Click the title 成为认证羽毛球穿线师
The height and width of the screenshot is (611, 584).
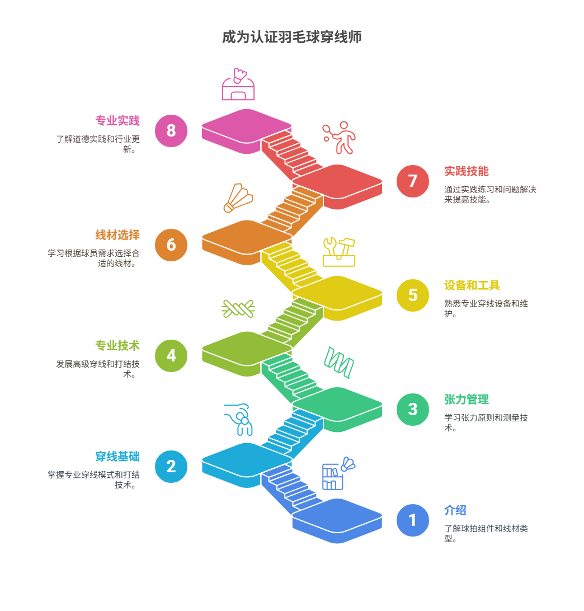pos(291,37)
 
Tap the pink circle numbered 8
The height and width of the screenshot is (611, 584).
pos(171,130)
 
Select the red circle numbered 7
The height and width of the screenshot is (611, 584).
pos(413,181)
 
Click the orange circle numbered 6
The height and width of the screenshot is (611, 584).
pos(171,245)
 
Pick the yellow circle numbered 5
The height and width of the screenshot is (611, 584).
pos(413,295)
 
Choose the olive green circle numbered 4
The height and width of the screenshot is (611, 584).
pos(171,355)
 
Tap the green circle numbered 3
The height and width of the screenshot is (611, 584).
pos(413,409)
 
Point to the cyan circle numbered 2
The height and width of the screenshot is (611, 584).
pos(171,466)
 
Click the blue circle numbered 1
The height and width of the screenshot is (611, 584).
pos(413,520)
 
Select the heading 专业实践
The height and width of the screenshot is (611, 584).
pos(117,121)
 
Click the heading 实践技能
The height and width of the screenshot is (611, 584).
pos(467,171)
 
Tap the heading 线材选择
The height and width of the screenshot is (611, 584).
pos(117,235)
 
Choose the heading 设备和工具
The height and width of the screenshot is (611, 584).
pos(472,285)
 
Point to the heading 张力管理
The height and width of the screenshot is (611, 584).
pos(467,399)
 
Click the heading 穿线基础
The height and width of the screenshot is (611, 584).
pos(117,457)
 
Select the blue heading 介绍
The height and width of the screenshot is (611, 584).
pos(455,510)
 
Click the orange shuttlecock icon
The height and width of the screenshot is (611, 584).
pos(238,198)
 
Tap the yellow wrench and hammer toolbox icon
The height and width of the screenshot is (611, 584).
pos(339,252)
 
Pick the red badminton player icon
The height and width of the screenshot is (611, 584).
pos(340,137)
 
